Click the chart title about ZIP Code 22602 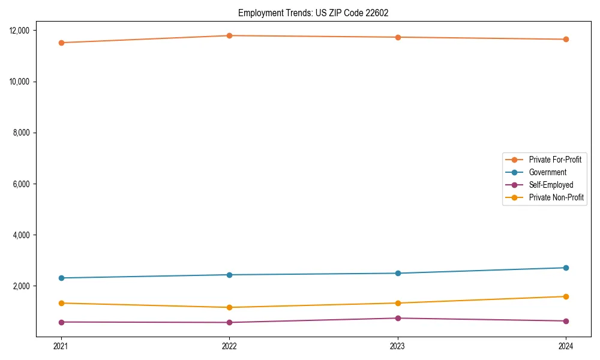coord(313,13)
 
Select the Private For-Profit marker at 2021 coord(61,43)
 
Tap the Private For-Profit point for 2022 coord(229,35)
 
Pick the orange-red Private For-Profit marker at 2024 coord(566,40)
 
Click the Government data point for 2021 coord(61,278)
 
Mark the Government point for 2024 coord(566,268)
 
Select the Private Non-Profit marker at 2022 coord(229,307)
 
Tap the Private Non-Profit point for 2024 coord(566,296)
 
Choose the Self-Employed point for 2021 coord(61,322)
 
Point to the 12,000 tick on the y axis coord(24,31)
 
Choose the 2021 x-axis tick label coord(61,346)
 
